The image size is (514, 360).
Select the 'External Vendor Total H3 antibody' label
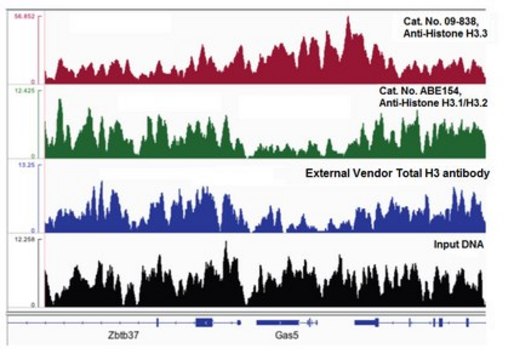coord(395,173)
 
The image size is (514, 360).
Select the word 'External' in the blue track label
coord(327,173)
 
